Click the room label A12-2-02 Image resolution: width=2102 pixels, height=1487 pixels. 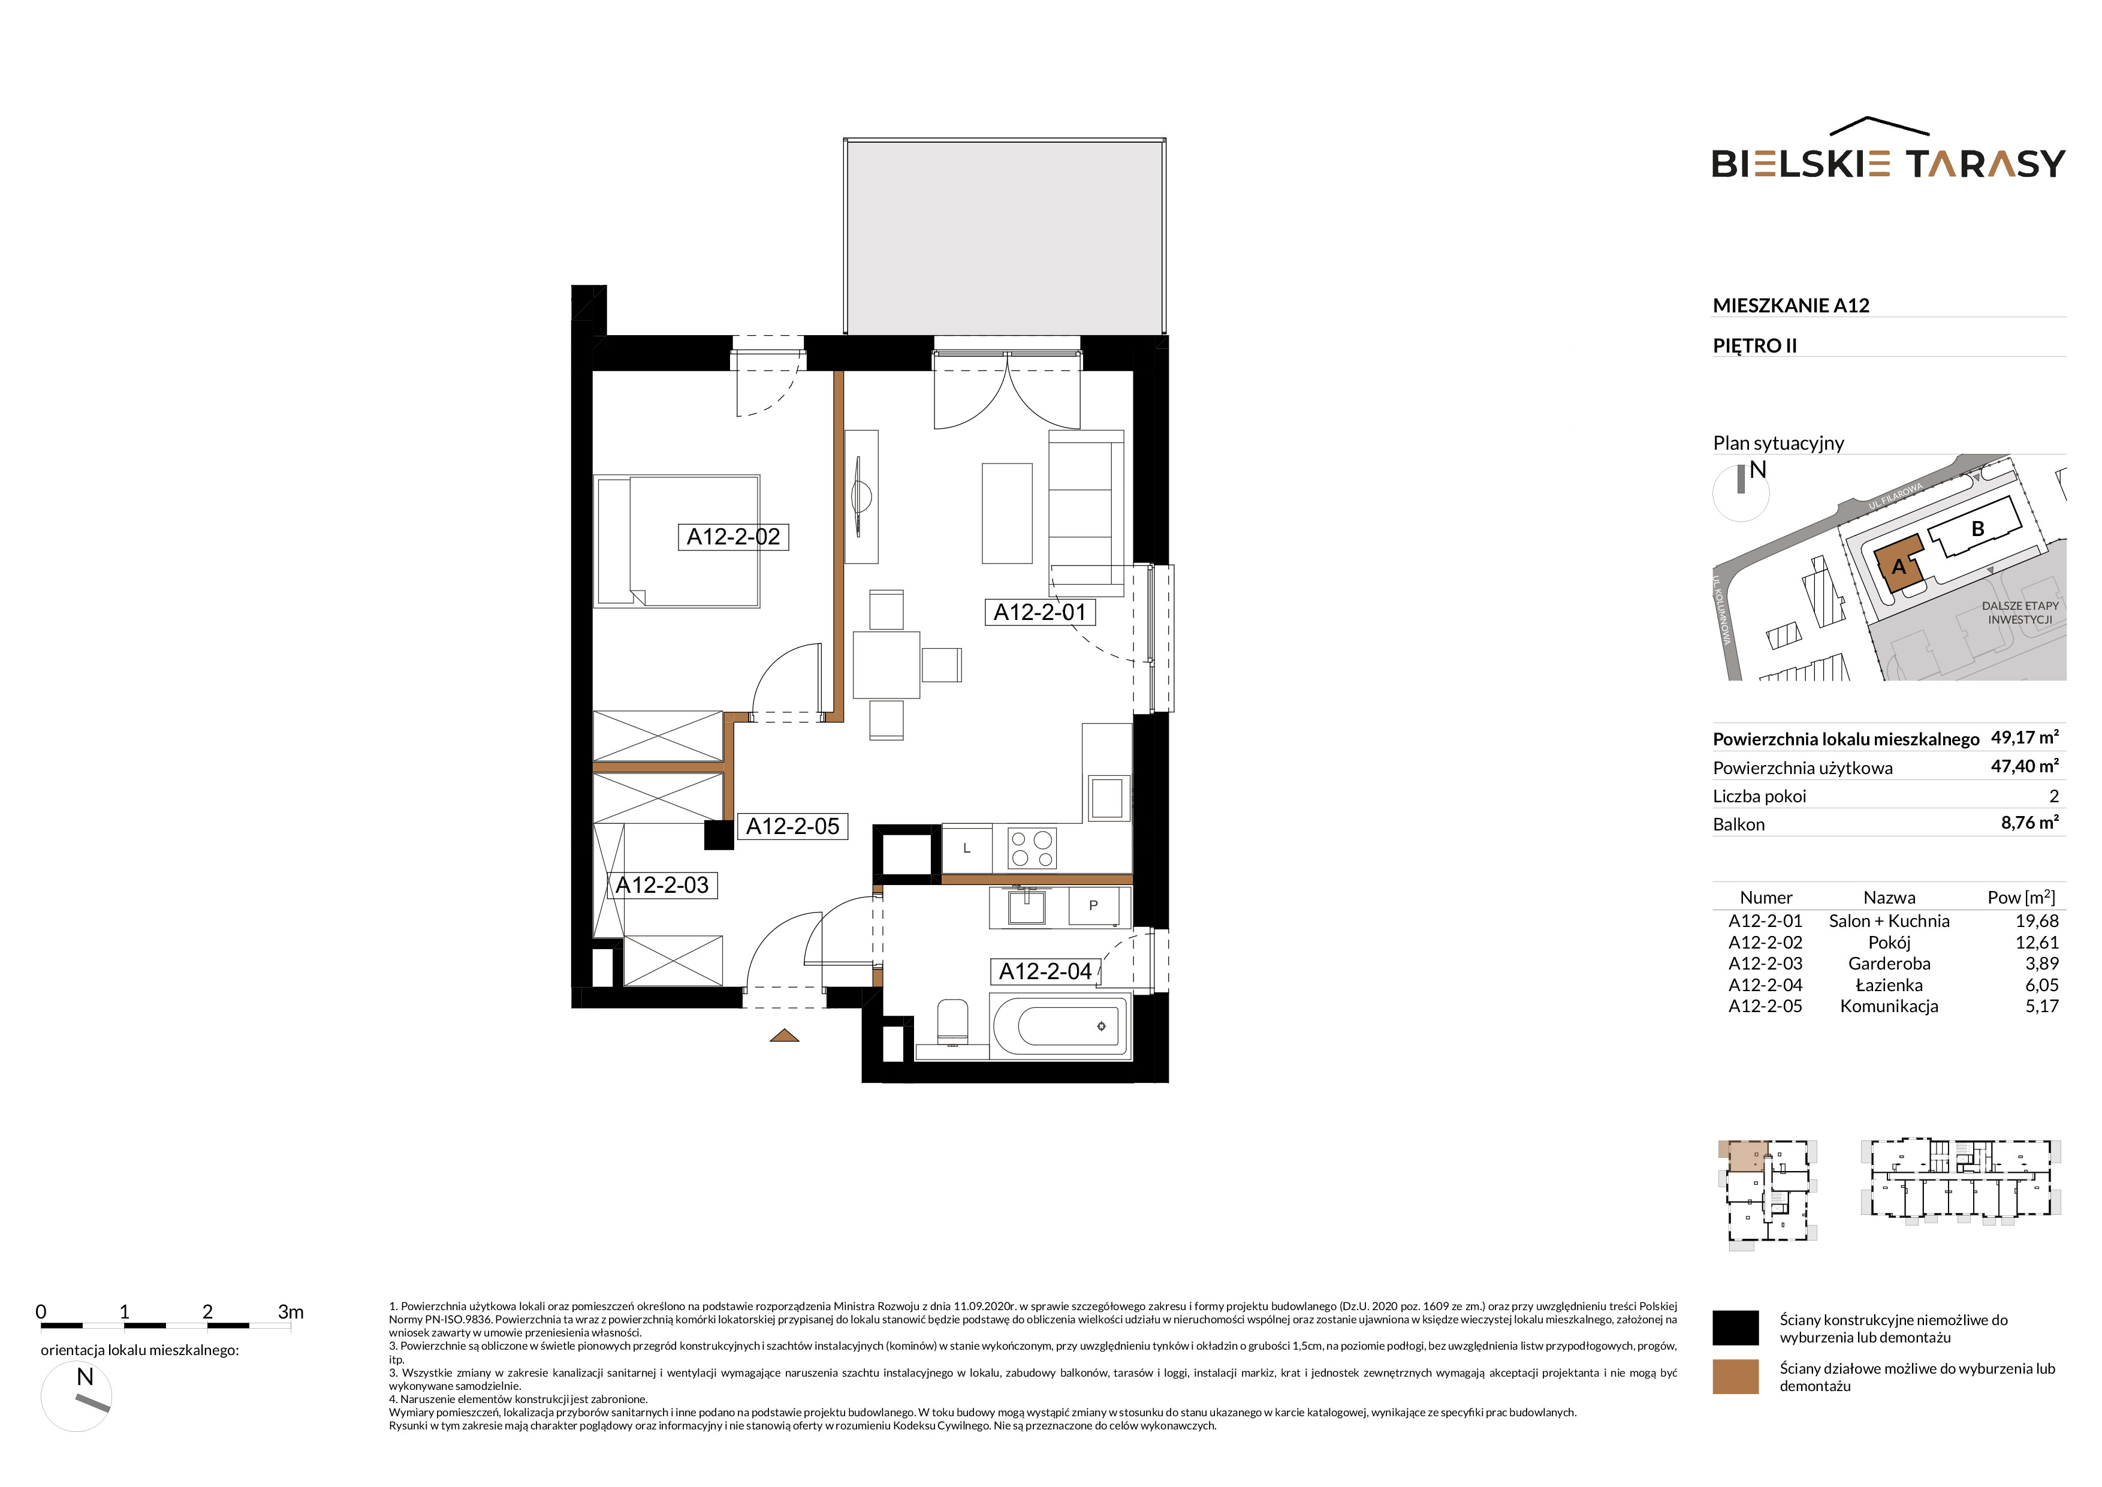[733, 537]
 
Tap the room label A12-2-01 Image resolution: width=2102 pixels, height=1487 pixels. [1040, 612]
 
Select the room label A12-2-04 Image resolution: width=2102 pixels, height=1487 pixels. [1045, 971]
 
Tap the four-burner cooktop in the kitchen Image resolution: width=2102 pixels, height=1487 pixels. [1032, 848]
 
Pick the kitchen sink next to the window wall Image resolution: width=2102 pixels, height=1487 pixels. [1107, 797]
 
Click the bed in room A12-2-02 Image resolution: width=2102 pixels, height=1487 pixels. [677, 540]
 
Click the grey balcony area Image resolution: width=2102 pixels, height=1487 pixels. [1005, 236]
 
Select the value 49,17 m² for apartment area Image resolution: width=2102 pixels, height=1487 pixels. [2024, 737]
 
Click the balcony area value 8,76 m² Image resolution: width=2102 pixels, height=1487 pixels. [2029, 822]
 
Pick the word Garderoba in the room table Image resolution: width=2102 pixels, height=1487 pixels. [1889, 964]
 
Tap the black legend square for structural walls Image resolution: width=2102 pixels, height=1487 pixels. [1735, 1328]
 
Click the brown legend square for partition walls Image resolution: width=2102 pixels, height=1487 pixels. [1735, 1376]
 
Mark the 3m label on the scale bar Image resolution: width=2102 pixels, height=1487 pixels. [290, 1311]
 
